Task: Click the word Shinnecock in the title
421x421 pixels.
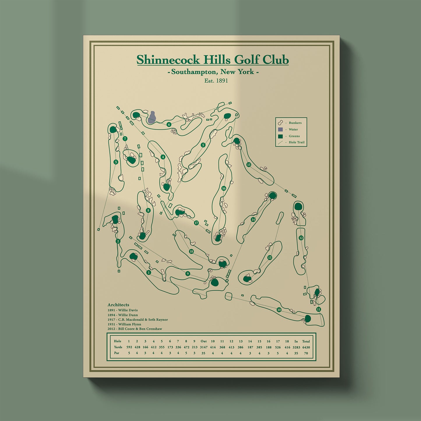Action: click(168, 60)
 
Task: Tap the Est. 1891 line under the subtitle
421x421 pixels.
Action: click(216, 81)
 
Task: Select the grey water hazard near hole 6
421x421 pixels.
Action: click(152, 117)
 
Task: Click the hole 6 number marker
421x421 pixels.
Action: click(169, 125)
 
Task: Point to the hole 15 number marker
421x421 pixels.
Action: click(249, 165)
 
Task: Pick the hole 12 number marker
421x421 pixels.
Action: click(301, 238)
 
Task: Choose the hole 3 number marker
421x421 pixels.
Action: click(116, 162)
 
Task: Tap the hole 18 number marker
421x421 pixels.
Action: click(191, 251)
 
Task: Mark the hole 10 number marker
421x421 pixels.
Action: click(279, 310)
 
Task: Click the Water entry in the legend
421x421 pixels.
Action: click(293, 129)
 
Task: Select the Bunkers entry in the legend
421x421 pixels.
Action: click(295, 123)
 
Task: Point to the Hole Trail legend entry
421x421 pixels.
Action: click(296, 142)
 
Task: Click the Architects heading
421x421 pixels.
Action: click(118, 305)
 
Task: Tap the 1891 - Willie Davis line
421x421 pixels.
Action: click(123, 310)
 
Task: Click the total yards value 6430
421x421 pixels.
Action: click(306, 347)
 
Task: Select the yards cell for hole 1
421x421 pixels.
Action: click(129, 347)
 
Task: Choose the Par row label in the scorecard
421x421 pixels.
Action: click(117, 353)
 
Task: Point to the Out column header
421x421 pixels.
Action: click(203, 341)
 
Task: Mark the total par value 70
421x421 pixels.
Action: click(306, 353)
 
